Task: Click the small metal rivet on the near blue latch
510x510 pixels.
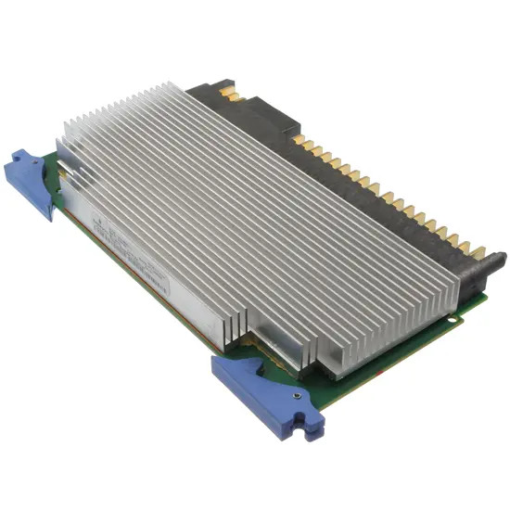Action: [x=296, y=396]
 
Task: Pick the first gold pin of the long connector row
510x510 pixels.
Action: [x=299, y=141]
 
